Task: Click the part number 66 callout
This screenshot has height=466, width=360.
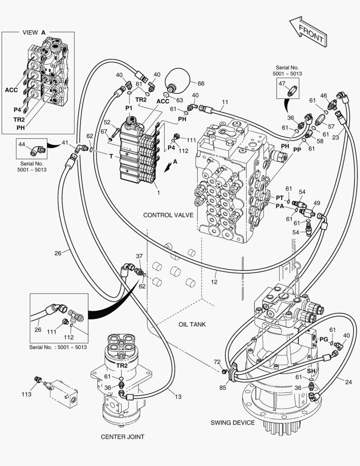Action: [200, 83]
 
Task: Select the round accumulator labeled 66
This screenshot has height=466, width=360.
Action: [177, 79]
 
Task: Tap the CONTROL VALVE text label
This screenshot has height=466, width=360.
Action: [168, 215]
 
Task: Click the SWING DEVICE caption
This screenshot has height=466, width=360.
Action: [232, 422]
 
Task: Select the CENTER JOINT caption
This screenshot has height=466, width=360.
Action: [122, 437]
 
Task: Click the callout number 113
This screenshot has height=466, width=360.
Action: [27, 394]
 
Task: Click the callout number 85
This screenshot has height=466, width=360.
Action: [223, 387]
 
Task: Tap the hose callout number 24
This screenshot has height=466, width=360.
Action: [348, 381]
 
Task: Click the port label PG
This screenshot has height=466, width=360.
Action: [323, 340]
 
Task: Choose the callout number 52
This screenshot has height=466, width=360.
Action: [107, 122]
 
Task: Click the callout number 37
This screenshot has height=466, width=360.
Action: [139, 256]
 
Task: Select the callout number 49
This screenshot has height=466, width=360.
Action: [317, 203]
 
